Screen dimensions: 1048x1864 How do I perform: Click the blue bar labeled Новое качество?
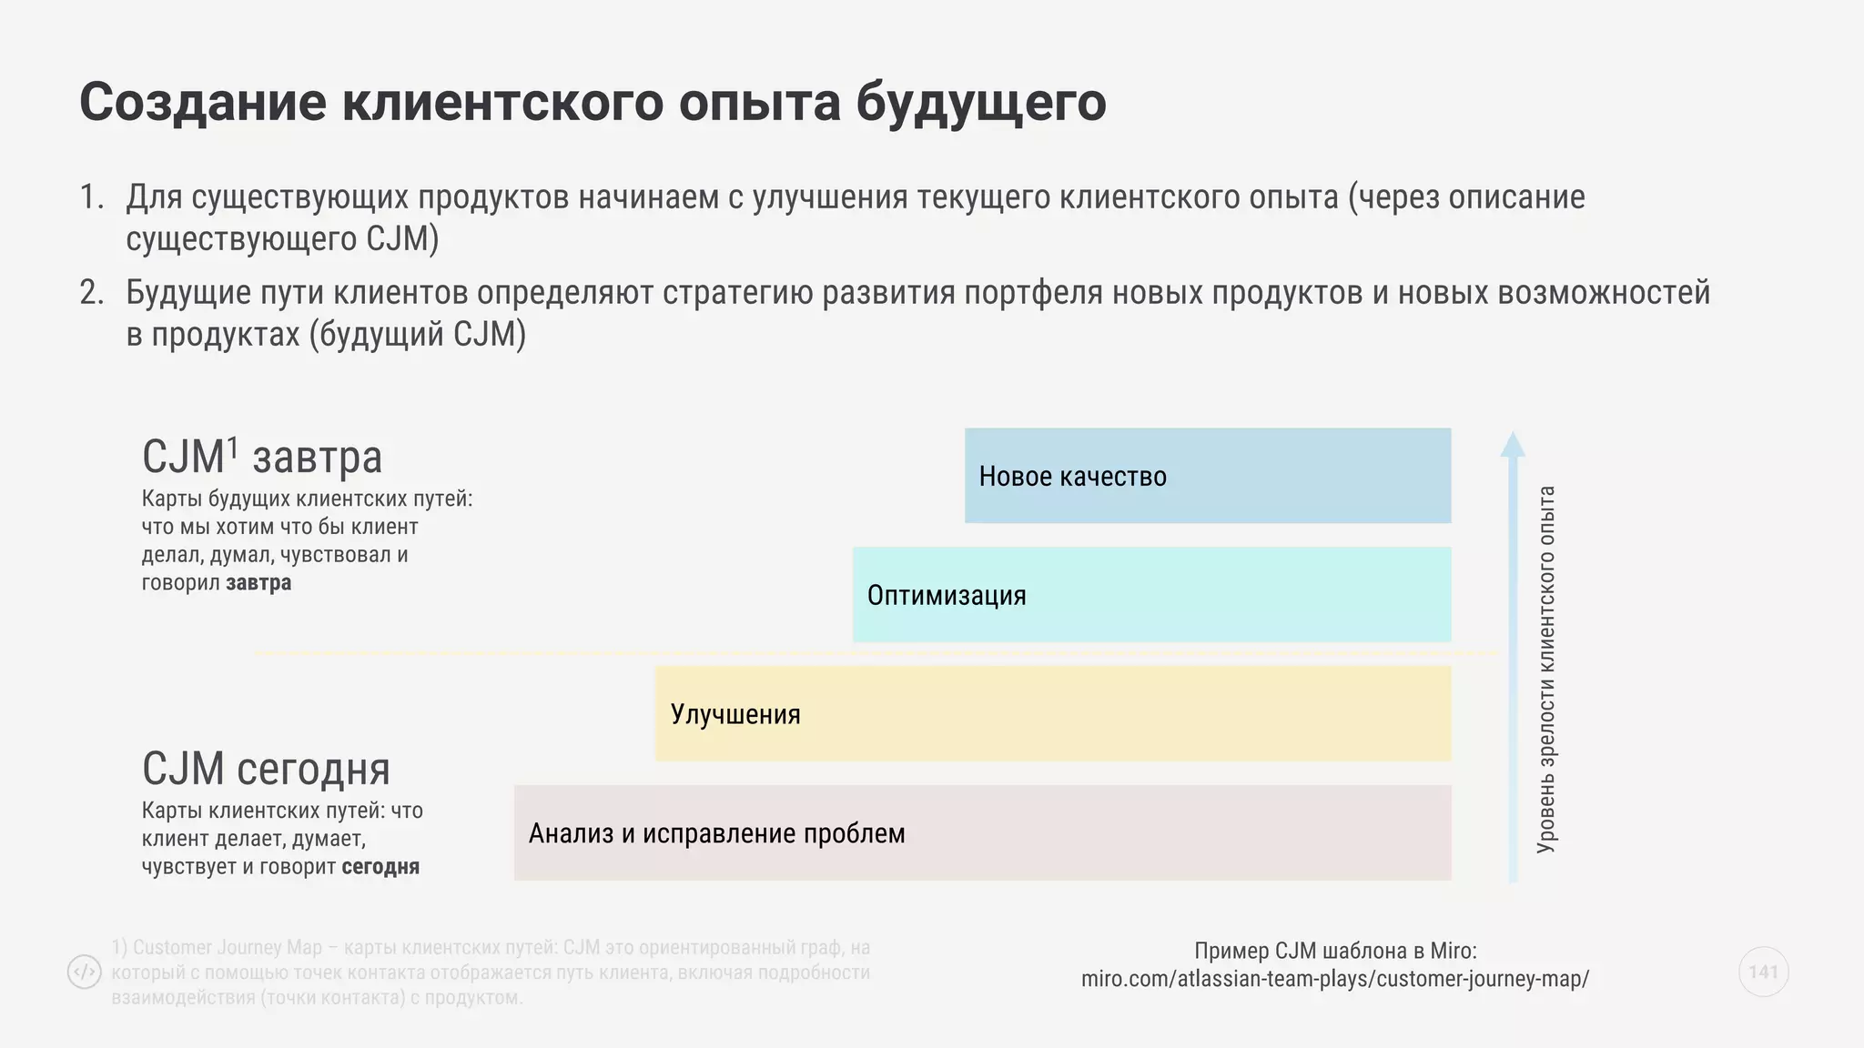pos(1207,476)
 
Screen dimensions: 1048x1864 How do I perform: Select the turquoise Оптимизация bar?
pos(1151,595)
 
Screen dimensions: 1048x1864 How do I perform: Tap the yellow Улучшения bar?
pos(1053,714)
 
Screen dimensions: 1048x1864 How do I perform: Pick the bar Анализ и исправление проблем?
pos(982,833)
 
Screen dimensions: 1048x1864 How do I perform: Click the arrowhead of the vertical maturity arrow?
pos(1513,445)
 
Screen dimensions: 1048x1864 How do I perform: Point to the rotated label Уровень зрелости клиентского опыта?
pos(1546,670)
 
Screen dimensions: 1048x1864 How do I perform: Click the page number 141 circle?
pos(1763,972)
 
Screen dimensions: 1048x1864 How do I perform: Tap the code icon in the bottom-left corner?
pos(85,972)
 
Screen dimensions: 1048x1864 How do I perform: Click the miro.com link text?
pos(1335,979)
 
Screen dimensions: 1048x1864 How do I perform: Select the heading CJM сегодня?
pos(266,770)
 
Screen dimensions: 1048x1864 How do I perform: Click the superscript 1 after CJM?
pos(233,447)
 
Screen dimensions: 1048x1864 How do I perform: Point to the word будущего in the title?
pos(980,102)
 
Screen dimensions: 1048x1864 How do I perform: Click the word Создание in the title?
pos(202,102)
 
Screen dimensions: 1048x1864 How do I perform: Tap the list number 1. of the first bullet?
pos(92,197)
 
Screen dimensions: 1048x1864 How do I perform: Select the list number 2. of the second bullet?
pos(92,293)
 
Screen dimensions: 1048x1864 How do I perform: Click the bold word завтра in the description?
pos(258,582)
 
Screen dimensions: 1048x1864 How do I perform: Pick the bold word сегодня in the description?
pos(380,866)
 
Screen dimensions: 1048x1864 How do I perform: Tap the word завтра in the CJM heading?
pos(317,458)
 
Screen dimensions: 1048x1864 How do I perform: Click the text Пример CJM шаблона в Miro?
pos(1335,951)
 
